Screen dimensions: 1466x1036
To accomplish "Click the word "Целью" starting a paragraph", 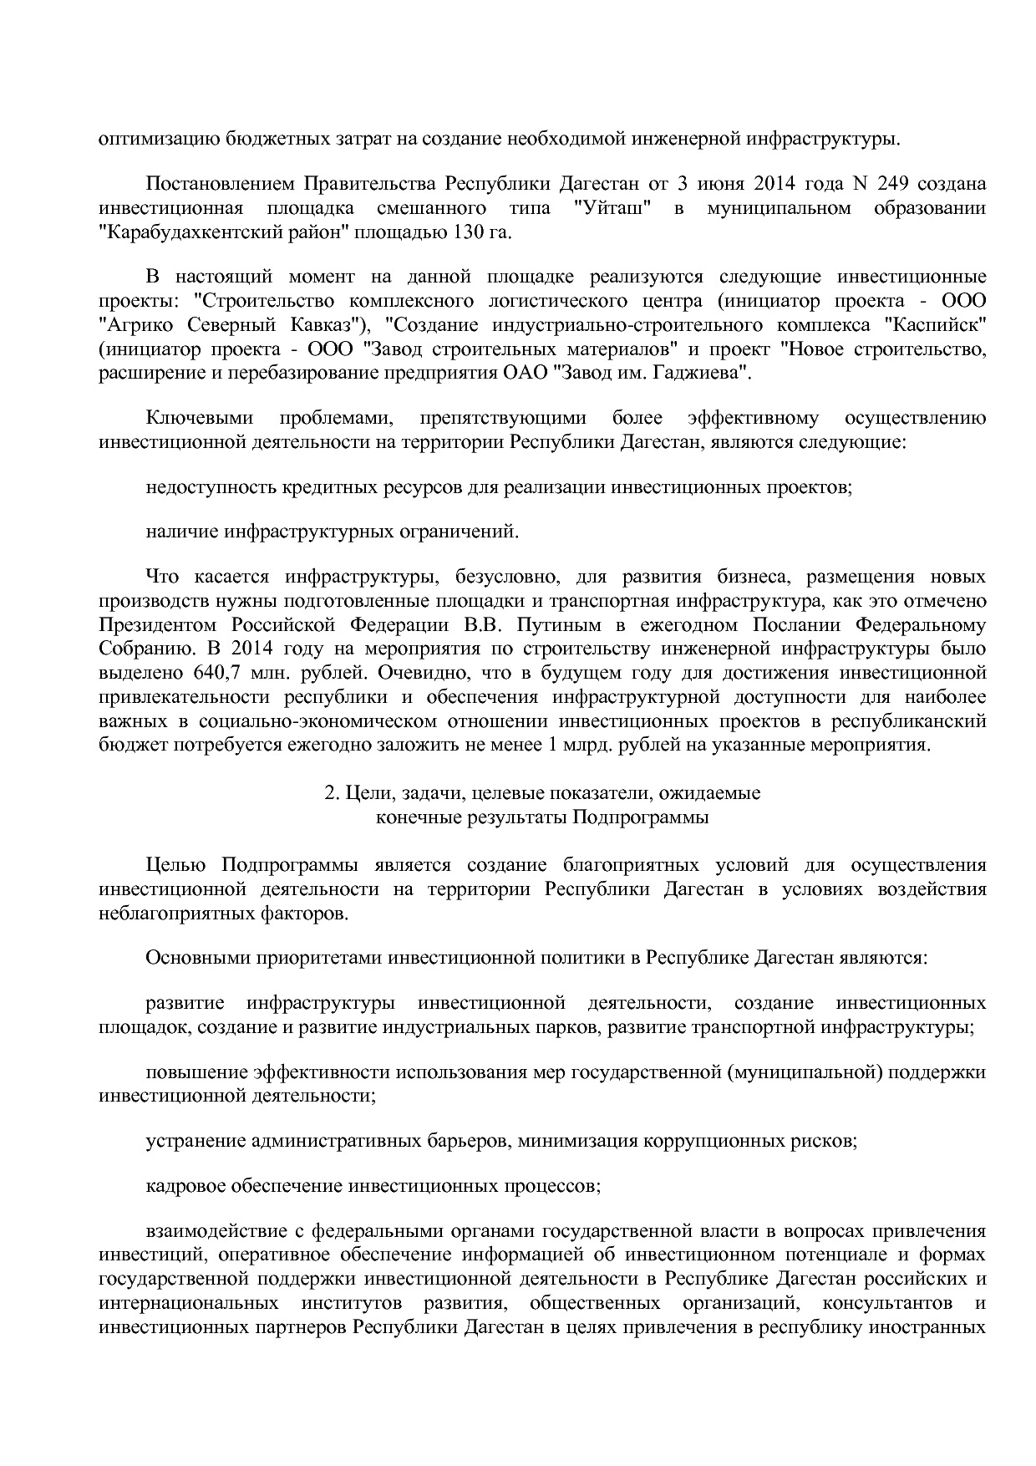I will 175,864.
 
